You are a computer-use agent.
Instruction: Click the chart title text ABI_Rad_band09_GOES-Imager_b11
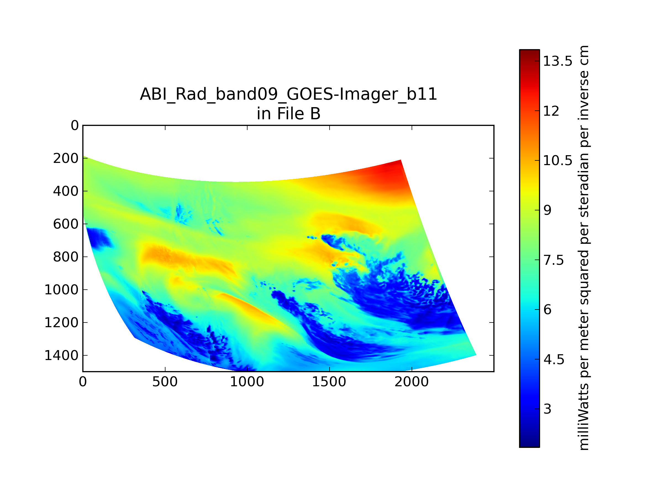(x=288, y=94)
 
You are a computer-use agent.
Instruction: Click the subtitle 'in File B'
(x=288, y=113)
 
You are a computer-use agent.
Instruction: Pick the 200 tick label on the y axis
(x=66, y=158)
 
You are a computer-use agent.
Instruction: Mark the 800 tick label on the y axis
(x=66, y=257)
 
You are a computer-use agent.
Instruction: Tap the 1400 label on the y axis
(x=61, y=356)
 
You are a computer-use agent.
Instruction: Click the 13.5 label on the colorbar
(x=557, y=61)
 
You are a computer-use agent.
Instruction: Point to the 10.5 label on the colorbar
(x=557, y=161)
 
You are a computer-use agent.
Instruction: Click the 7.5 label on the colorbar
(x=554, y=260)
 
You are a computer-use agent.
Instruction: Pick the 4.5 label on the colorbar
(x=554, y=359)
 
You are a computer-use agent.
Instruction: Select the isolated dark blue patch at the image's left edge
(x=98, y=238)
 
